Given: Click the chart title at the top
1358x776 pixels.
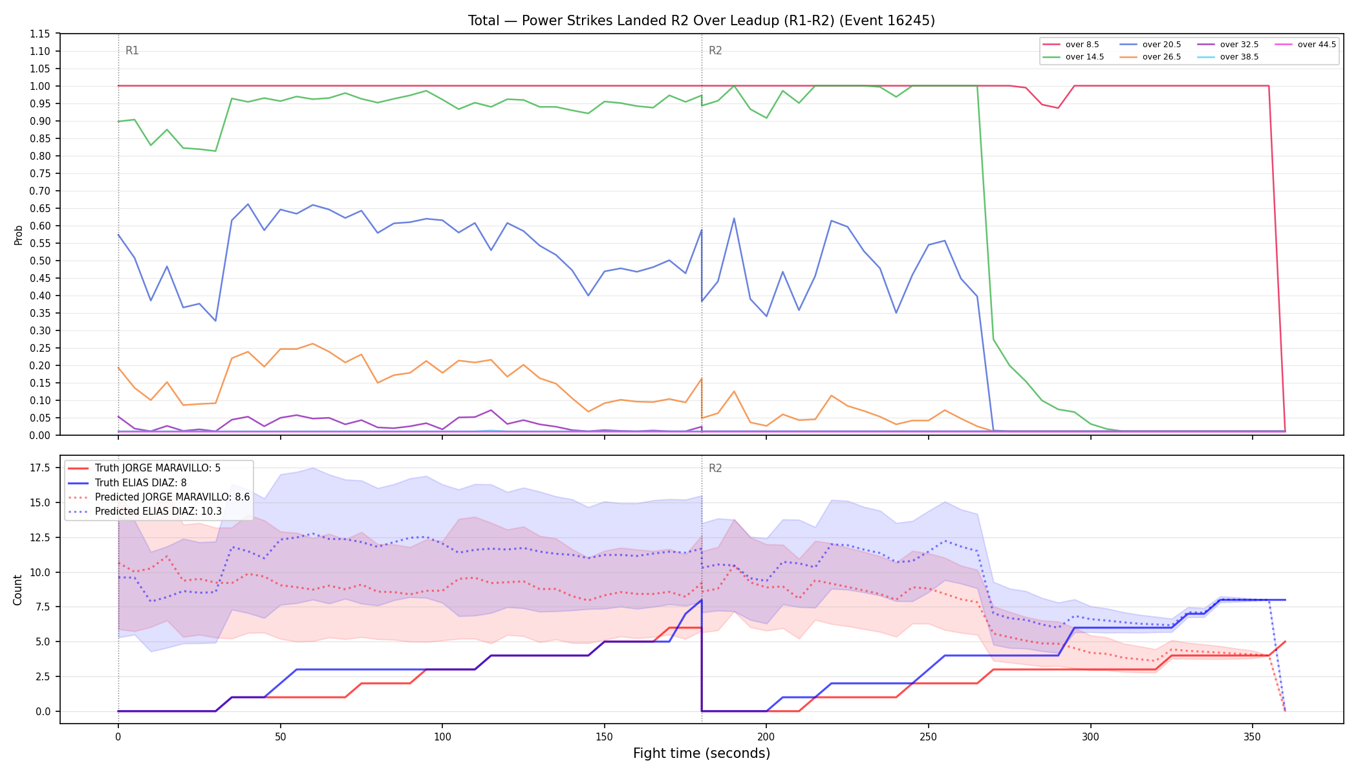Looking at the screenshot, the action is point(702,21).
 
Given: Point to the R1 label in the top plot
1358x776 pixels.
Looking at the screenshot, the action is point(132,50).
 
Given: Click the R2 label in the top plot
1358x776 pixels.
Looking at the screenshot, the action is point(715,50).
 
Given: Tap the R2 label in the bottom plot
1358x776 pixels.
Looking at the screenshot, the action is point(715,468).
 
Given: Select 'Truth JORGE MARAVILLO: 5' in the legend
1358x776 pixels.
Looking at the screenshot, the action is point(158,468).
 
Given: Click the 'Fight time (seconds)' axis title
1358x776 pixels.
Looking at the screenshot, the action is point(702,753).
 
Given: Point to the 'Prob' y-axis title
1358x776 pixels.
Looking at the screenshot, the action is point(18,235).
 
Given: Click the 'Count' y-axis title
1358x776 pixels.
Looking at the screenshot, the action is point(17,590).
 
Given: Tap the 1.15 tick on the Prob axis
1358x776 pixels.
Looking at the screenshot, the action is point(40,34).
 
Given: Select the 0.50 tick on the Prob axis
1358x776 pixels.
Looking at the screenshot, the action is point(40,261).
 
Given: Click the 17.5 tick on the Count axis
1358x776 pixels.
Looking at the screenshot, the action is point(40,468).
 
